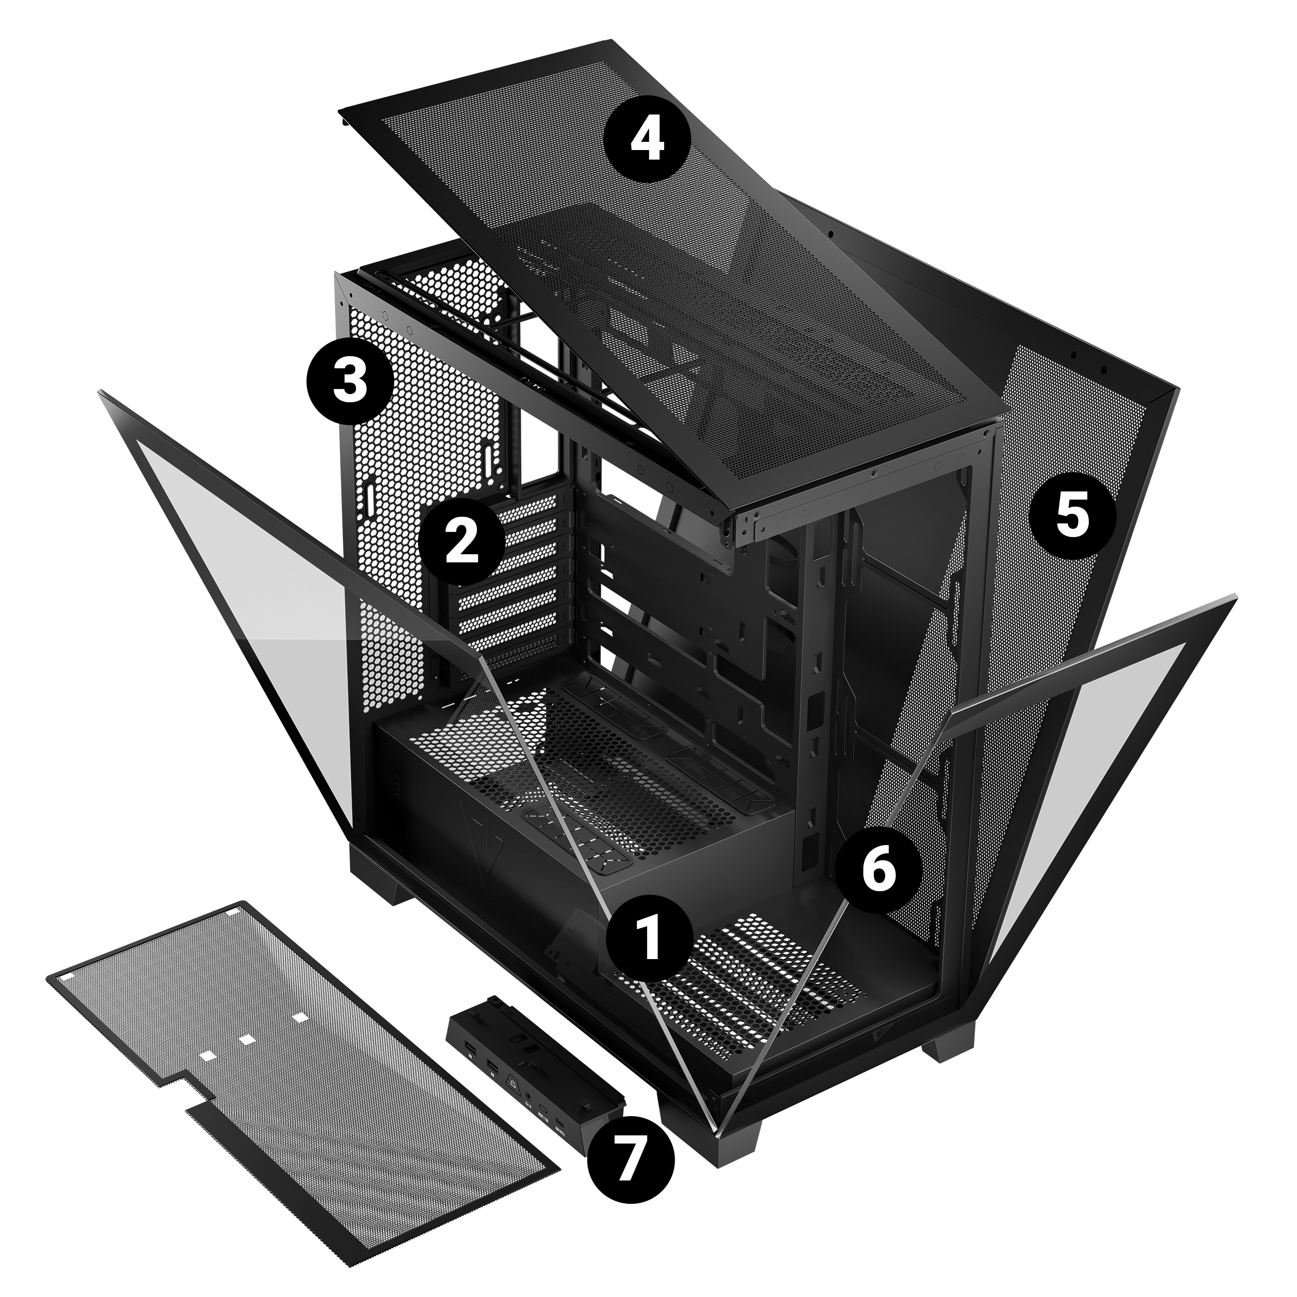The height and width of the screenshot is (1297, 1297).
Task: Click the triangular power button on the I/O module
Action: click(514, 1085)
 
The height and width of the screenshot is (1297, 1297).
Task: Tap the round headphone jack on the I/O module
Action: click(528, 1097)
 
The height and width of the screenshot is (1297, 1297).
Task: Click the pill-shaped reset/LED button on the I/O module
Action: click(543, 1109)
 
